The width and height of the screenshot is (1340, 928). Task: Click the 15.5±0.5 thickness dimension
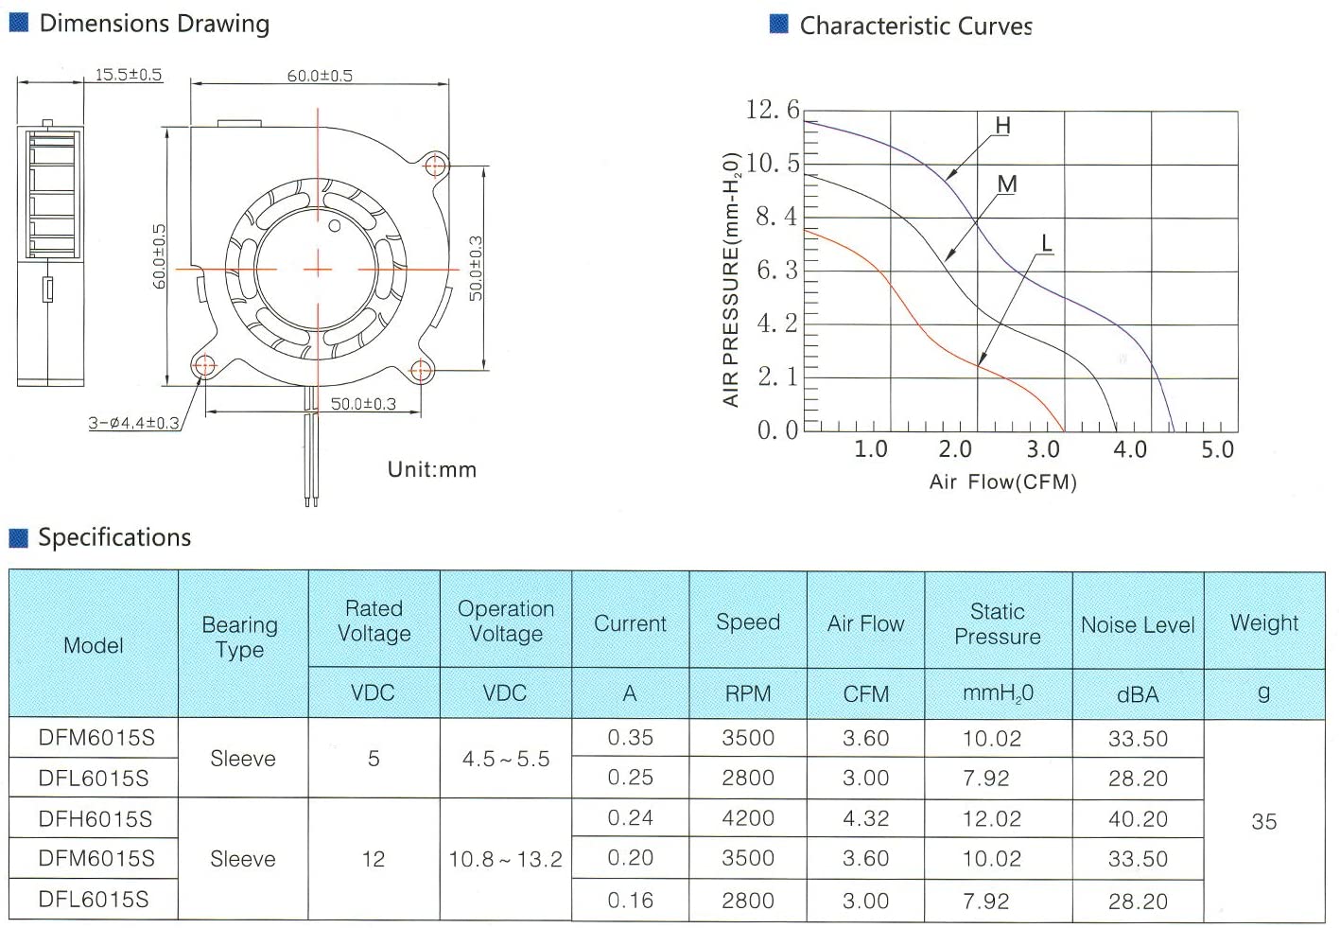pos(128,75)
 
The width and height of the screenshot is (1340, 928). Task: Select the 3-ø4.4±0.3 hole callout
pos(133,423)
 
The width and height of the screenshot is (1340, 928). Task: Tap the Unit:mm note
pos(432,469)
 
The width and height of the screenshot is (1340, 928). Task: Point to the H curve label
pos(1002,126)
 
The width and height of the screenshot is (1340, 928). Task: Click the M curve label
pos(1007,184)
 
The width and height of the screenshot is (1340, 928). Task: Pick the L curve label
pos(1046,244)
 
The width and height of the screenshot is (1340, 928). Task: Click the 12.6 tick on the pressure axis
pos(772,110)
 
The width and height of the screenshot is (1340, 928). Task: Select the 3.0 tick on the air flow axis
pos(1042,449)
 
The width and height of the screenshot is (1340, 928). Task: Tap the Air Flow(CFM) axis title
pos(1002,482)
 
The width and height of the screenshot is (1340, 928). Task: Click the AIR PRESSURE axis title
pos(731,279)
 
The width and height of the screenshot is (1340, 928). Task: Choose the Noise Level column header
pos(1138,625)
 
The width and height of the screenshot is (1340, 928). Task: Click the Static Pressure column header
pos(997,624)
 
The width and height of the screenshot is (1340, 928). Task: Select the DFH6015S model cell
pos(95,819)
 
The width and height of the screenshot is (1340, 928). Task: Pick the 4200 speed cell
pos(748,818)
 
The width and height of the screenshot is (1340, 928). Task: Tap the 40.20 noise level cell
pos(1138,819)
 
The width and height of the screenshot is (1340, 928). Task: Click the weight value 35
pos(1263,821)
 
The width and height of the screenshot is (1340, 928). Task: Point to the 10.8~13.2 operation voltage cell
pos(505,860)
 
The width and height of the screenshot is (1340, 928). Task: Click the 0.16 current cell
pos(630,901)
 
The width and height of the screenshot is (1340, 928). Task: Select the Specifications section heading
pos(113,538)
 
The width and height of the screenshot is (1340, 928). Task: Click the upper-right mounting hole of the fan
pos(435,166)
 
